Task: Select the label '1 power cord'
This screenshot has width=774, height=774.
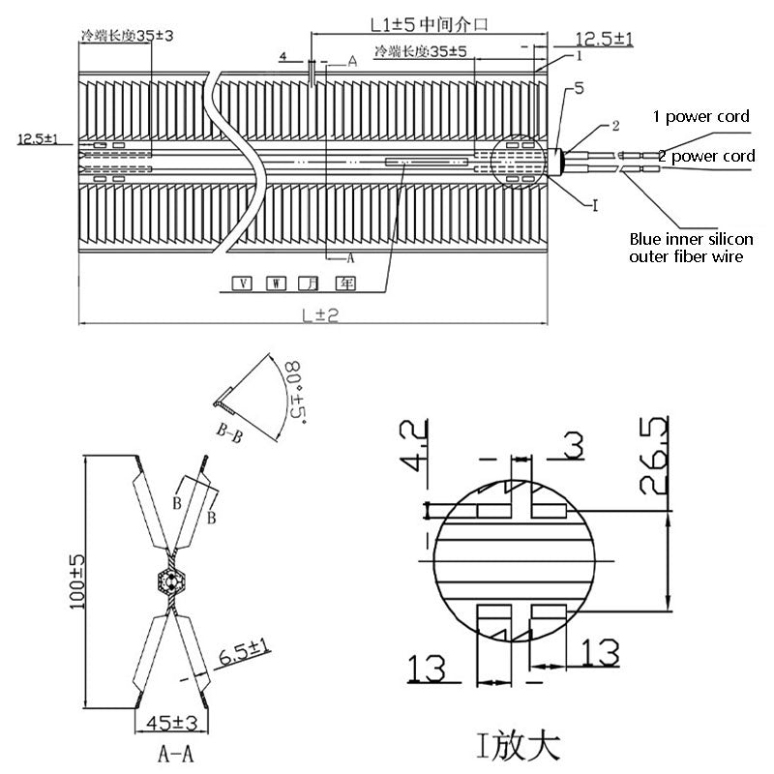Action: pyautogui.click(x=701, y=117)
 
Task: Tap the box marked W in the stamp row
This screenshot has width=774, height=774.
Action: pyautogui.click(x=276, y=284)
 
